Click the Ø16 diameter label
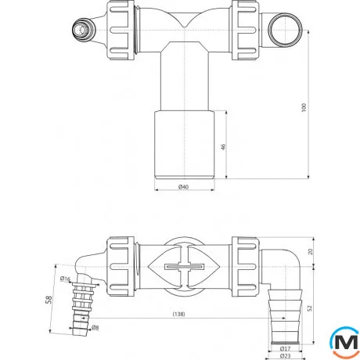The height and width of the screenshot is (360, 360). pyautogui.click(x=66, y=279)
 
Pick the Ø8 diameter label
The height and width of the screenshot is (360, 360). pyautogui.click(x=94, y=326)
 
